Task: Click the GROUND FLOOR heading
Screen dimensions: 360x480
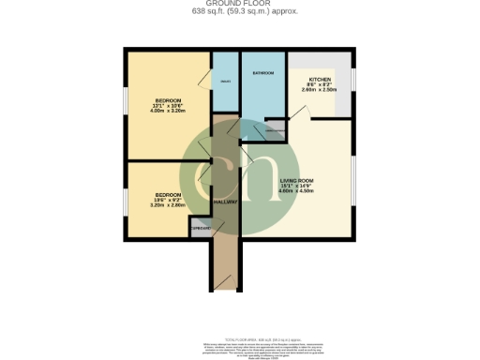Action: (x=239, y=4)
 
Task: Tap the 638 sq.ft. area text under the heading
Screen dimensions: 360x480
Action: (x=239, y=12)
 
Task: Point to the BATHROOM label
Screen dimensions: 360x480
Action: (x=262, y=73)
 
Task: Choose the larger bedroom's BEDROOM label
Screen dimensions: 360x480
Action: (x=168, y=99)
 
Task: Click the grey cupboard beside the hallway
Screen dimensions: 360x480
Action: (x=201, y=228)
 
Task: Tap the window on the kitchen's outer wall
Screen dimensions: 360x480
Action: (x=354, y=82)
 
